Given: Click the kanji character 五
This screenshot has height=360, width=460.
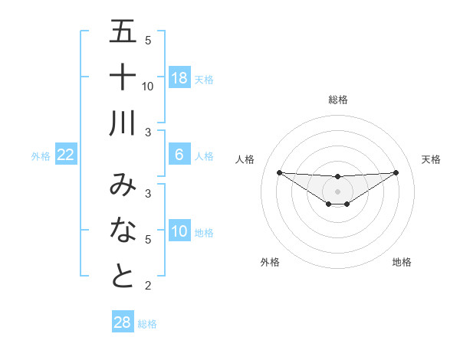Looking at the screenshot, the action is pos(123,32).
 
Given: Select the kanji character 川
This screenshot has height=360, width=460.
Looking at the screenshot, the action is pos(123,123).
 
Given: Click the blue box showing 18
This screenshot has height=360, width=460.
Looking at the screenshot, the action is pos(179,78).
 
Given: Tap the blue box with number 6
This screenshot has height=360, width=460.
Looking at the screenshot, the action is pos(179,155).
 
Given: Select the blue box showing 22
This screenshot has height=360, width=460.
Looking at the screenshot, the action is pos(66,155).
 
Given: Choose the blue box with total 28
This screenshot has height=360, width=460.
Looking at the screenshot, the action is pos(123,322).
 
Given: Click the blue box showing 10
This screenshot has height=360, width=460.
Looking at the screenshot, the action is pos(179,231).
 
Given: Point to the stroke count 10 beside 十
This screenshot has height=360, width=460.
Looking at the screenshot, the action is pos(148,86).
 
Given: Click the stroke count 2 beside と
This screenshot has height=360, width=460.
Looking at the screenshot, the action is pos(148,286).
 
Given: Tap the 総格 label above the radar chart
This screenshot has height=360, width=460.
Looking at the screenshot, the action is pos(337,100).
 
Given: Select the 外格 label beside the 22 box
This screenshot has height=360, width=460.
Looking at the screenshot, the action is pos(41,156).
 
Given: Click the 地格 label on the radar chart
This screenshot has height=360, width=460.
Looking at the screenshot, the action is pos(402,262).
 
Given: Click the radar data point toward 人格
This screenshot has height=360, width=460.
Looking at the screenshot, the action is pos(279,172).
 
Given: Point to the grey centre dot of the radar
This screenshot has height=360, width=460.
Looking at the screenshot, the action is pos(337,191).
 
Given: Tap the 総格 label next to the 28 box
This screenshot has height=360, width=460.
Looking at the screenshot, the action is pos(147,324).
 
